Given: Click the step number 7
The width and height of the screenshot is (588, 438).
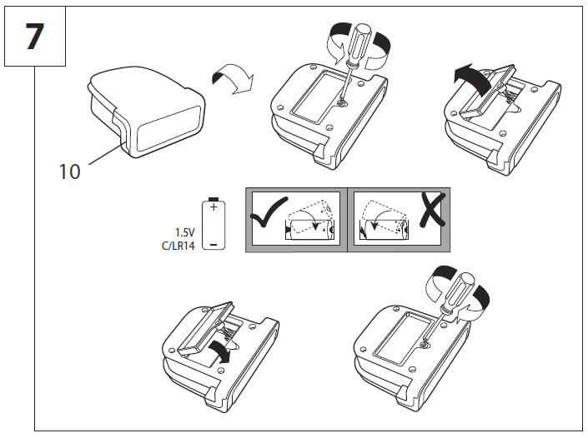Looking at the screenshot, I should click(x=34, y=37).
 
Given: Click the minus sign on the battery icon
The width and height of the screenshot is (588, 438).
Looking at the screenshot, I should click(x=214, y=242).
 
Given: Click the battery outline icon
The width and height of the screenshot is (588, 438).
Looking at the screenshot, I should click(x=214, y=225).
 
